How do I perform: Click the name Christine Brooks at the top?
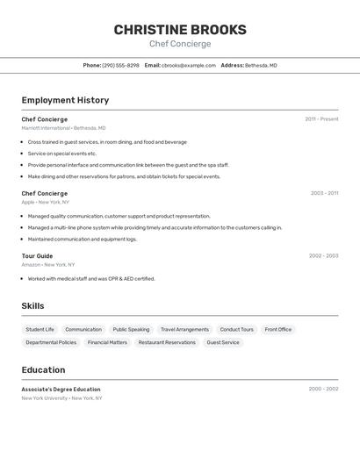[180, 30]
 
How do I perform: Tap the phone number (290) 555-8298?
[120, 65]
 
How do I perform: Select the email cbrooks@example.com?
[188, 65]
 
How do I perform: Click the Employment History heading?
[65, 100]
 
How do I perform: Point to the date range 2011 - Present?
[321, 119]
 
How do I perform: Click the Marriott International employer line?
[63, 128]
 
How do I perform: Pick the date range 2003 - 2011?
[324, 193]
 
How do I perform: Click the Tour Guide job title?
[37, 256]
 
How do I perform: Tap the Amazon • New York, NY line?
[48, 264]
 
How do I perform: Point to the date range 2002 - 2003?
[323, 256]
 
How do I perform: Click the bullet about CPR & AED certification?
[91, 279]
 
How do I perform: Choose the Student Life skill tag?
[40, 330]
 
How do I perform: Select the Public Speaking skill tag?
[131, 330]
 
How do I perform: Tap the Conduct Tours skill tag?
[236, 330]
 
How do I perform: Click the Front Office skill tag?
[278, 330]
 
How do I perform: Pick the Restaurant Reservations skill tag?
[167, 343]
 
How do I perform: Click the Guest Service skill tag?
[223, 343]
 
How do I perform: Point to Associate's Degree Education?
[61, 390]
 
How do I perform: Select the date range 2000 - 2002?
[323, 389]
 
